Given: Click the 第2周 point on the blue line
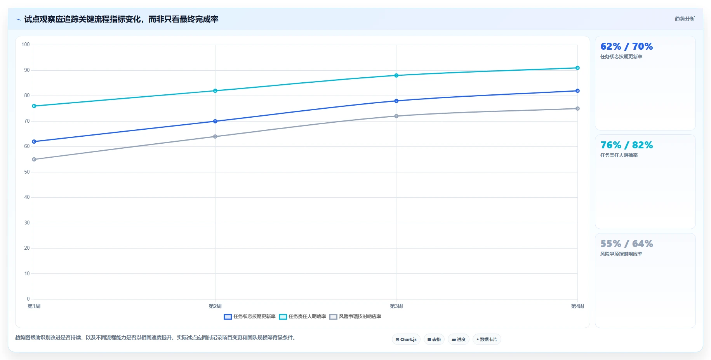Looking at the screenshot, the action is pyautogui.click(x=215, y=121).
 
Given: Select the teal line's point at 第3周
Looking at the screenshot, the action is pyautogui.click(x=396, y=75).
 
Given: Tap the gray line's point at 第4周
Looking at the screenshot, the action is pyautogui.click(x=577, y=108).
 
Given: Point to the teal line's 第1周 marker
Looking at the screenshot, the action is pyautogui.click(x=34, y=106).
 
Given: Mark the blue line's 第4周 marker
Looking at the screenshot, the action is pyautogui.click(x=577, y=91).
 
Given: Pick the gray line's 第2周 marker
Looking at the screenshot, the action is pyautogui.click(x=215, y=136).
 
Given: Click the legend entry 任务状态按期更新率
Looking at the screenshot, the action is pyautogui.click(x=250, y=317).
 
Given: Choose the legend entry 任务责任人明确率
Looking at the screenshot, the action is pyautogui.click(x=302, y=317).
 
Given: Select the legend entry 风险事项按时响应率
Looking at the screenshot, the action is pyautogui.click(x=355, y=317).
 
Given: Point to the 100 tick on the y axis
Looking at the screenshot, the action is pyautogui.click(x=26, y=45).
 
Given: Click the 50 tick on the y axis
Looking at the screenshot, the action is pyautogui.click(x=27, y=172).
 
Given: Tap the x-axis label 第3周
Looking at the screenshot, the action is pyautogui.click(x=396, y=306).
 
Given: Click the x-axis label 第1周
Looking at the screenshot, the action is pyautogui.click(x=34, y=306).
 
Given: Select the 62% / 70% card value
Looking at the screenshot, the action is pyautogui.click(x=626, y=47).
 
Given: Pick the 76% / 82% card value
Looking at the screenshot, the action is pyautogui.click(x=626, y=145).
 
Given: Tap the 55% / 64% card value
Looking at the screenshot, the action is pyautogui.click(x=626, y=244).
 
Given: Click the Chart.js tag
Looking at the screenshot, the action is pyautogui.click(x=406, y=339).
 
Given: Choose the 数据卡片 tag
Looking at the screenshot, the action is pyautogui.click(x=487, y=339).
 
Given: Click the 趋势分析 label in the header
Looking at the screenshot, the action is pyautogui.click(x=685, y=19).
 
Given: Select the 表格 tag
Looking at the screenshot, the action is pyautogui.click(x=434, y=339).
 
